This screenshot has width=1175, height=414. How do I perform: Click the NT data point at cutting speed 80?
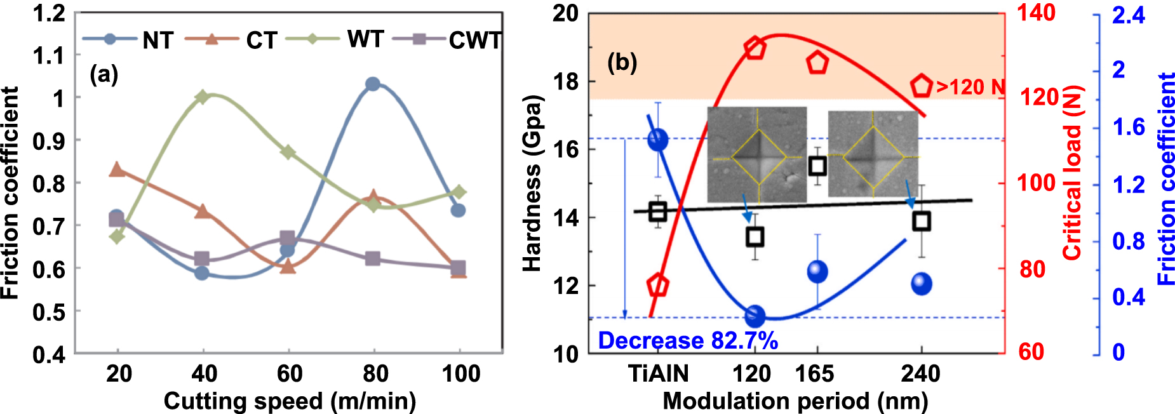[373, 84]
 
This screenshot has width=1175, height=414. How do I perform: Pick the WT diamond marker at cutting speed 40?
[203, 97]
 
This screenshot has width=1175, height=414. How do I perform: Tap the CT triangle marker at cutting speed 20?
[117, 169]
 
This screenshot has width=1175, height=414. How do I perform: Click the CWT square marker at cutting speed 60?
[288, 238]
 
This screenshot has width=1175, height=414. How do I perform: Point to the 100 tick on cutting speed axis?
[460, 373]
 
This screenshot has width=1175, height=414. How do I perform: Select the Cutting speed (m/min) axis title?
[290, 401]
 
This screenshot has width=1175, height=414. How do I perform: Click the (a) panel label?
[104, 74]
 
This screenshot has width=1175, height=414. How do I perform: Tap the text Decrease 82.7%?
[688, 341]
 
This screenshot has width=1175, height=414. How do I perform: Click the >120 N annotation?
[971, 87]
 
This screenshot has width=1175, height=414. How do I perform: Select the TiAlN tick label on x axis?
[658, 373]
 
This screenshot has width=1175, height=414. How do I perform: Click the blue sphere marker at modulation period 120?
[755, 316]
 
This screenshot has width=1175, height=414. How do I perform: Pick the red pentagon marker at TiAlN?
[659, 286]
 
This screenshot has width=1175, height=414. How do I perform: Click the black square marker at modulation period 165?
[817, 166]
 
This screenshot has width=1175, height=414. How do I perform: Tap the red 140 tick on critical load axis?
[1036, 13]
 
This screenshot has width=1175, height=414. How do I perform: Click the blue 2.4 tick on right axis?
[1128, 15]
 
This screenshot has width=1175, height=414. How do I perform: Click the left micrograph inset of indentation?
[756, 154]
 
